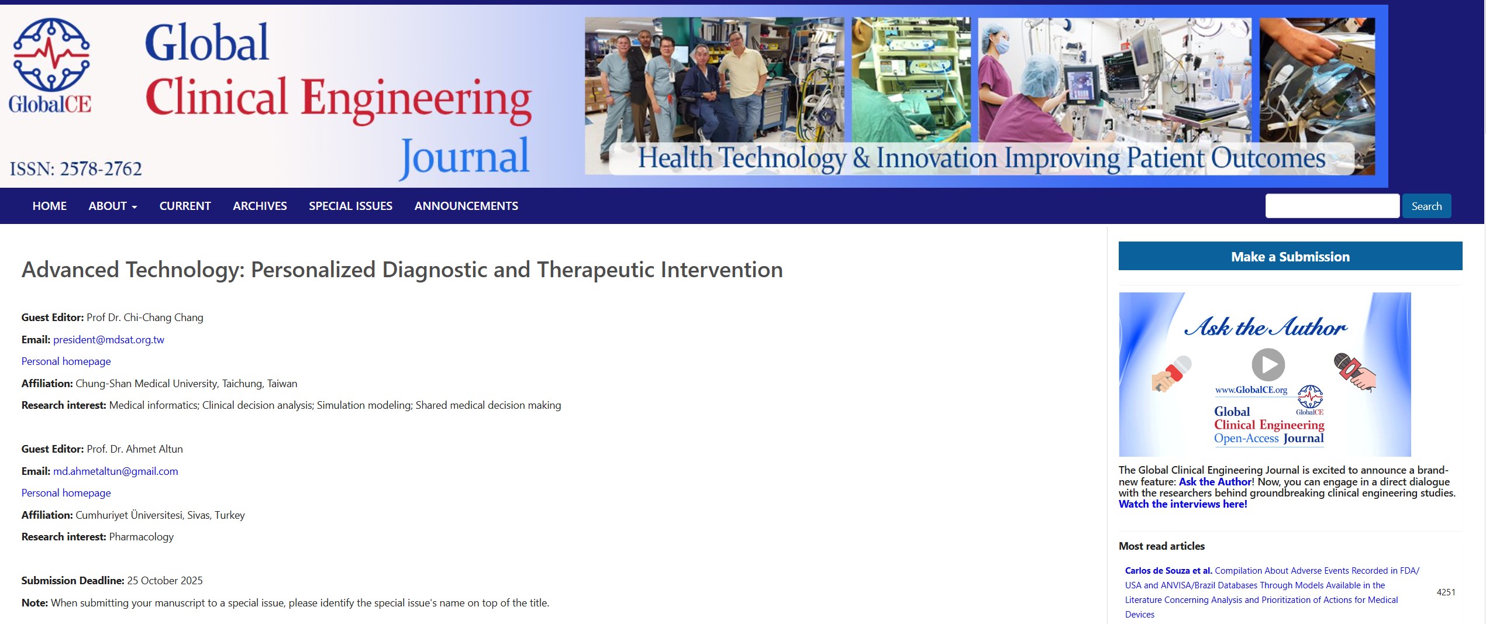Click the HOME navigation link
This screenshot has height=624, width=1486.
(50, 206)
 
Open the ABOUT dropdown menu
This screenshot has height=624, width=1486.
(113, 206)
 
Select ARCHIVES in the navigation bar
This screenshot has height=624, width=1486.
(260, 206)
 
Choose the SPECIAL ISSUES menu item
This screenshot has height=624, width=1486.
(351, 206)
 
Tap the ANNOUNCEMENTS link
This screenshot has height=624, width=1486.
(466, 206)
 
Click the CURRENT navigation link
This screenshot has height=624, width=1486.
(185, 206)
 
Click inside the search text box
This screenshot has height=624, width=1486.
(1332, 206)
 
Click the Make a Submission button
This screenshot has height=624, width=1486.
(1290, 256)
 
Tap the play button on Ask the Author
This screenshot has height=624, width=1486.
(1268, 364)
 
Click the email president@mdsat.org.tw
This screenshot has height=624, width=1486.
(109, 340)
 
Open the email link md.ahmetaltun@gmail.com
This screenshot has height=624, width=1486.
(116, 471)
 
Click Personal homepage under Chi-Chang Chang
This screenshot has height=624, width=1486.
(66, 361)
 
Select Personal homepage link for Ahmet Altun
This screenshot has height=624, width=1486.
(66, 493)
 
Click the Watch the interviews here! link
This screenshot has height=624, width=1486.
(1182, 504)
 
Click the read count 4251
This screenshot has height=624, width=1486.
(1446, 592)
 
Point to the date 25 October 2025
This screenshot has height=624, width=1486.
(165, 581)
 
